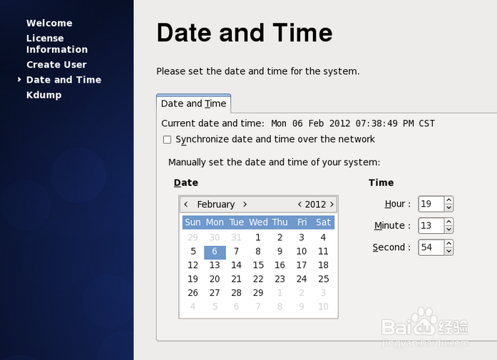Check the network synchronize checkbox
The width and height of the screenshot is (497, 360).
coord(167,140)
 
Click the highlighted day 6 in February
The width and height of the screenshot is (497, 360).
coord(215,252)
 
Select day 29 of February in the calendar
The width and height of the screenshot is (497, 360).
coord(258,292)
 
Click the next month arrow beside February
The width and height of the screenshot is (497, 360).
coord(245,205)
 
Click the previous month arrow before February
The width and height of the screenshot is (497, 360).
coord(186,205)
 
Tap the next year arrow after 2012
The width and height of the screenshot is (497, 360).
coord(332,205)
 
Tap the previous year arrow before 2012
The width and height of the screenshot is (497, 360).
coord(299,205)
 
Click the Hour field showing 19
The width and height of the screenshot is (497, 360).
coord(431,204)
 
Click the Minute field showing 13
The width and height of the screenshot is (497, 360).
coord(431,225)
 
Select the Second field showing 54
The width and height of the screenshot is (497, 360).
coord(431,247)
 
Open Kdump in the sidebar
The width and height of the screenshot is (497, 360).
coord(44,95)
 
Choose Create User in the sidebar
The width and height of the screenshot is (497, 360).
coord(56,65)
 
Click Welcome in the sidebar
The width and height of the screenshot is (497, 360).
coord(49,23)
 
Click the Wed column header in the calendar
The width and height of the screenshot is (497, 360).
coord(258,222)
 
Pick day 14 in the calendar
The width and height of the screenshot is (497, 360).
coord(236,265)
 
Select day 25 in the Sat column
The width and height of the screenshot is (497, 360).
coord(323,279)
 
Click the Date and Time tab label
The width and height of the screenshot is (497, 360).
coord(194,103)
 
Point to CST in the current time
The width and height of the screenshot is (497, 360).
coord(426,123)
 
